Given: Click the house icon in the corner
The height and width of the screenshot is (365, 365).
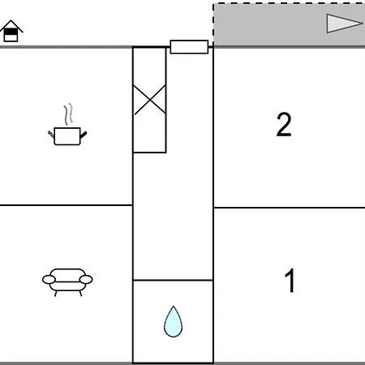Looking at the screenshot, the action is [11, 31].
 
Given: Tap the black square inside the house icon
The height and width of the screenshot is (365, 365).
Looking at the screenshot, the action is [11, 32].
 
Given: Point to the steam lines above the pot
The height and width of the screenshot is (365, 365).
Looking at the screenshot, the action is [68, 114].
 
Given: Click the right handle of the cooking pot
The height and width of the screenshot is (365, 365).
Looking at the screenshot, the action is [84, 135].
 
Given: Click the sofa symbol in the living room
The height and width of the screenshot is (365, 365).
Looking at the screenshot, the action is [67, 282].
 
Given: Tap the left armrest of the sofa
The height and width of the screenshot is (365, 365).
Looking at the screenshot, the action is [49, 280].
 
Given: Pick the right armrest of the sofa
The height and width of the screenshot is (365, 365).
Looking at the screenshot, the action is [86, 280].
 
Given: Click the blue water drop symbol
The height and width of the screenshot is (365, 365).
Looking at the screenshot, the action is [173, 322].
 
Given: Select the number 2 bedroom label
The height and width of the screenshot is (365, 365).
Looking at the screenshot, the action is [284, 124].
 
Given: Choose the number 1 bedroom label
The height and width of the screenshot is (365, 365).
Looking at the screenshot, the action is [290, 281].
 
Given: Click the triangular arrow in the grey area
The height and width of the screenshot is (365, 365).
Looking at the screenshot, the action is [344, 24].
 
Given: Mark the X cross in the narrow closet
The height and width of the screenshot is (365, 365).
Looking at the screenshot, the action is [150, 100].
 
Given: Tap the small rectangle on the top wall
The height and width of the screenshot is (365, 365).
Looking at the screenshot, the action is [189, 47].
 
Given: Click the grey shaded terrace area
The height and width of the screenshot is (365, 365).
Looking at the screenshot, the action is [290, 25].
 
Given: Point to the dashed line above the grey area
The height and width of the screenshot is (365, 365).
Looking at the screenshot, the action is [289, 3].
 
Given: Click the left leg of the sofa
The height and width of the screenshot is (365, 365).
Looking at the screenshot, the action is [56, 294].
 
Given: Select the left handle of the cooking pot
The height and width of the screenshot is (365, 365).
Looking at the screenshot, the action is [51, 135].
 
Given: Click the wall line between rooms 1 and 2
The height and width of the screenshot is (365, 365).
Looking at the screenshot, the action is [290, 208].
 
